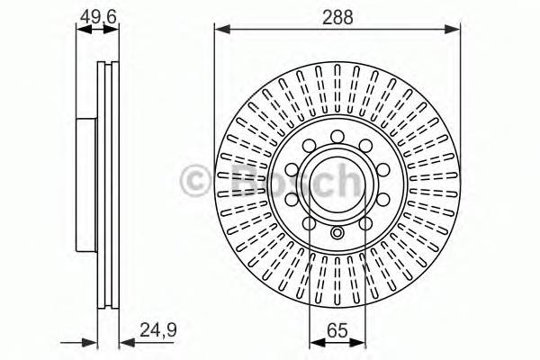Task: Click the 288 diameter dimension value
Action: click(x=337, y=16)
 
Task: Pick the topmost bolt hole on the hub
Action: click(x=337, y=137)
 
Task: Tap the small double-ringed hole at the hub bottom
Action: click(x=337, y=234)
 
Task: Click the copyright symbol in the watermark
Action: click(x=195, y=180)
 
